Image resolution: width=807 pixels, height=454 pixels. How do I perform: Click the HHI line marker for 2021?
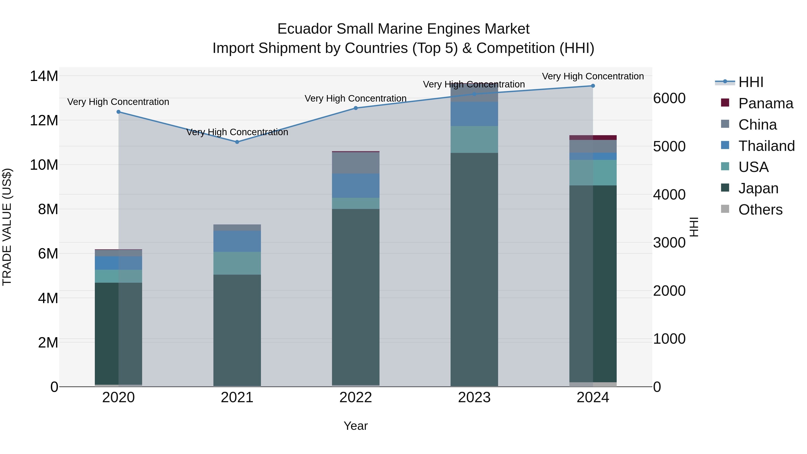point(237,142)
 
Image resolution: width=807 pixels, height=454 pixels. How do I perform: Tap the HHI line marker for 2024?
point(593,86)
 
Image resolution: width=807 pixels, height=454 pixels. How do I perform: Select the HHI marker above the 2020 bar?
point(118,112)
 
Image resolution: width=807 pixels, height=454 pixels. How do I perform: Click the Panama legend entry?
point(765,103)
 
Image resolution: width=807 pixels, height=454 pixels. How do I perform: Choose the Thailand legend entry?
point(766,146)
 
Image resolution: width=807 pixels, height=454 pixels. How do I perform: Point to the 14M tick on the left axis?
point(44,76)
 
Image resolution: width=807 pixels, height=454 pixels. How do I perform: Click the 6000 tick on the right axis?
point(669,98)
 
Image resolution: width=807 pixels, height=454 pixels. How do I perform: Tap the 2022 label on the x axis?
point(356,398)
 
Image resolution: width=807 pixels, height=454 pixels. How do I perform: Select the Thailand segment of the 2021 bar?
point(237,241)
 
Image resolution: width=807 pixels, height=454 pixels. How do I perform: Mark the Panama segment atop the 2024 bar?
point(593,138)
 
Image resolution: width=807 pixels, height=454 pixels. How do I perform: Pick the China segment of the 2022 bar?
point(356,163)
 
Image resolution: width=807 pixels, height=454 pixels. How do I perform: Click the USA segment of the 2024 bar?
point(593,173)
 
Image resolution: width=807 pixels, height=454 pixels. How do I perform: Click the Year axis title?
point(356,426)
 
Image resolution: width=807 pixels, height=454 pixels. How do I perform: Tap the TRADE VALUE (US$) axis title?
point(7,227)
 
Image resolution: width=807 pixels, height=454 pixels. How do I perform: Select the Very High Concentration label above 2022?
point(356,98)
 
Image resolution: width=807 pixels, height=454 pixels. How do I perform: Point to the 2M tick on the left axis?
point(48,342)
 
